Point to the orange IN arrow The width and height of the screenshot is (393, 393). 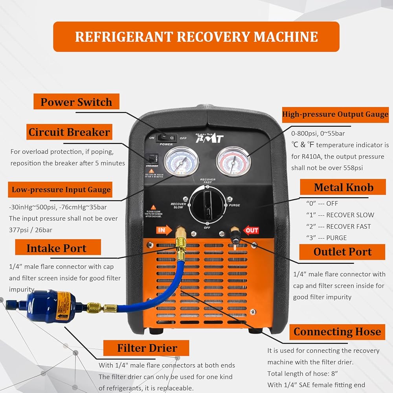[164, 230]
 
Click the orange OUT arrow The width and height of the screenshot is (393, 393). [251, 230]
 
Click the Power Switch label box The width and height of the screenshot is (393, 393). [76, 102]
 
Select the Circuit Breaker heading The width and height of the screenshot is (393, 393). [69, 132]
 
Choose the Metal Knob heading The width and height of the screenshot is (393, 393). [343, 187]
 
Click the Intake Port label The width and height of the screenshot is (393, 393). [57, 248]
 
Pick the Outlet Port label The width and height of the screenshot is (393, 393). [342, 252]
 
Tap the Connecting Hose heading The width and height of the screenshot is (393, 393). [337, 332]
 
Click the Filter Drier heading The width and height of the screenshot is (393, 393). [147, 348]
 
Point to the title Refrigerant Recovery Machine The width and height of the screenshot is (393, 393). [196, 37]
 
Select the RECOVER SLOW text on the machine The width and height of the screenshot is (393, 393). [178, 206]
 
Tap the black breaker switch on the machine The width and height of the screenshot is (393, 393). [150, 159]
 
